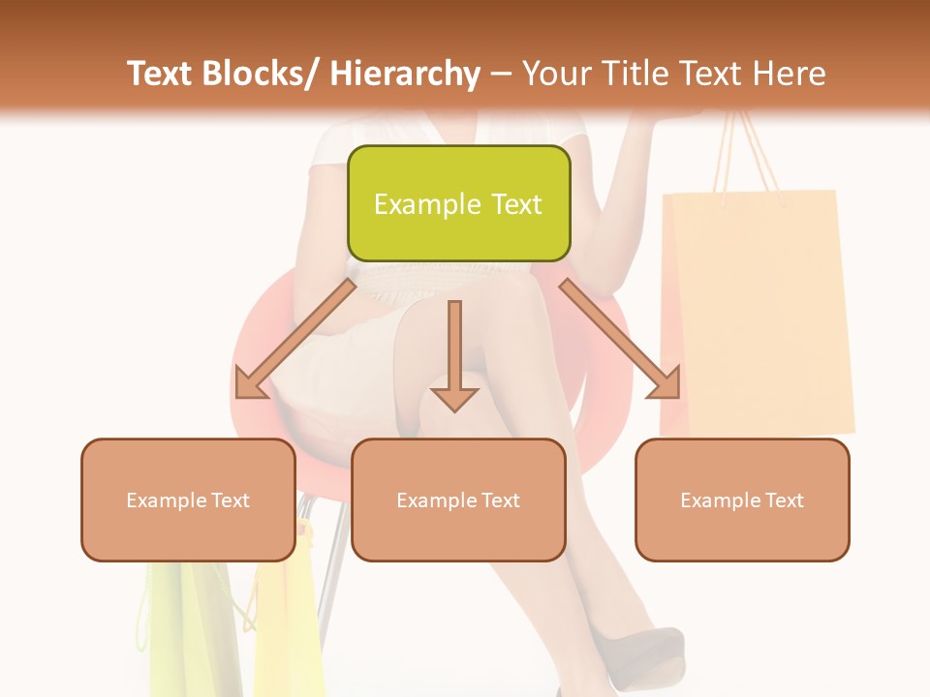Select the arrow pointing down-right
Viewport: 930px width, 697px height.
pyautogui.click(x=619, y=339)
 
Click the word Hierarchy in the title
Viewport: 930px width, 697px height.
pyautogui.click(x=405, y=75)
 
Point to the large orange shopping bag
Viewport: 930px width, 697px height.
pyautogui.click(x=756, y=310)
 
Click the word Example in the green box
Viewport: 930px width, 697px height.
pyautogui.click(x=415, y=204)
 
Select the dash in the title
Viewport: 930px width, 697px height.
pyautogui.click(x=501, y=75)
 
